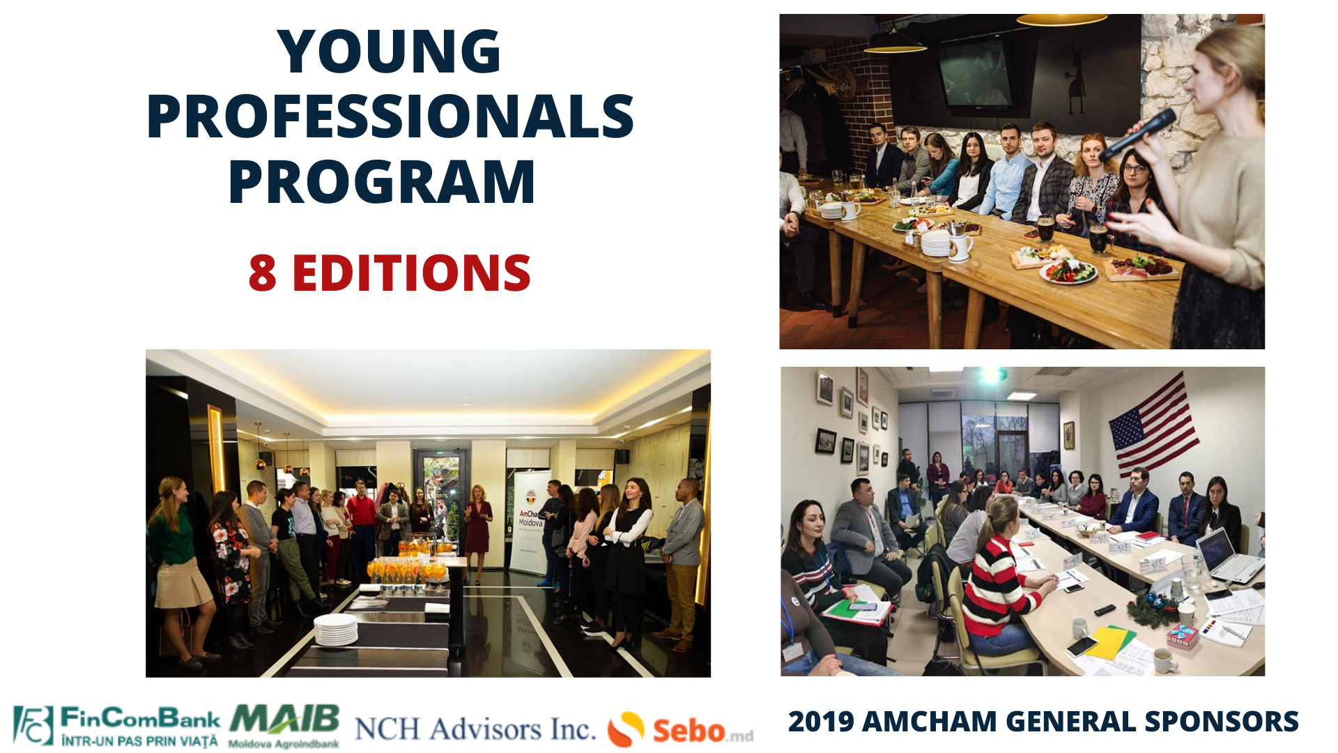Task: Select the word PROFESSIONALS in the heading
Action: click(390, 116)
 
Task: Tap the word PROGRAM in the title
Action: click(382, 182)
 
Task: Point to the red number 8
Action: click(262, 273)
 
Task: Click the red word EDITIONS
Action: click(411, 273)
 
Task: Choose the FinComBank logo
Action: click(116, 727)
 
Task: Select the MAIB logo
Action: click(284, 725)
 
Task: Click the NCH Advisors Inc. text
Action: click(475, 729)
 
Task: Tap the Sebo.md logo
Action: click(680, 729)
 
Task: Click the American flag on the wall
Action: click(1153, 424)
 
